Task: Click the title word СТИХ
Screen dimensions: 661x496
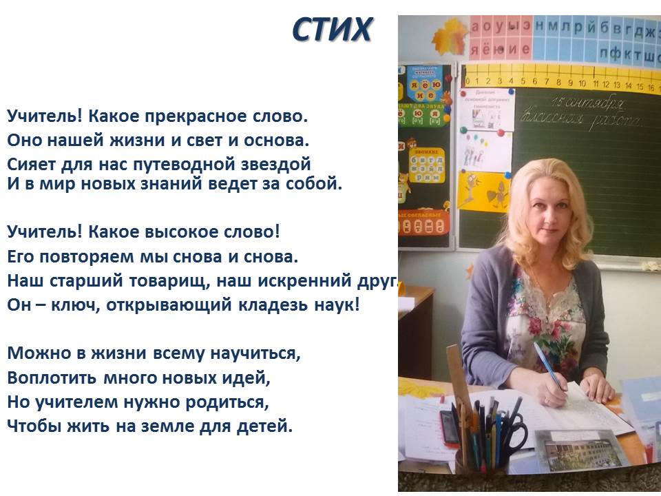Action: (x=332, y=30)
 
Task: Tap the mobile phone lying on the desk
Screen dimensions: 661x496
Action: (x=450, y=426)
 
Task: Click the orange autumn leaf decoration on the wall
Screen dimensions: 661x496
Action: (x=450, y=37)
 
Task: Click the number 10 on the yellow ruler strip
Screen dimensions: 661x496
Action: (x=582, y=83)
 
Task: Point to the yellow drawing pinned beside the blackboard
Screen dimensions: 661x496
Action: (x=483, y=192)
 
